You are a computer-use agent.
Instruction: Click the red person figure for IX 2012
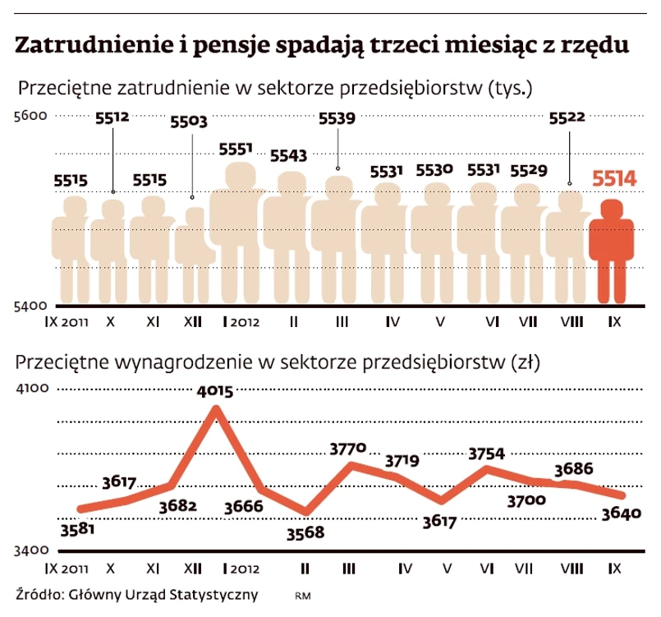(613, 251)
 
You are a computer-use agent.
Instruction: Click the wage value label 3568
(305, 532)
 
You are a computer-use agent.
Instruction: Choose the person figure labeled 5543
(290, 238)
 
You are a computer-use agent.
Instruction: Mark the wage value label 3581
(78, 528)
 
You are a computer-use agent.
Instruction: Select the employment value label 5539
(337, 118)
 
